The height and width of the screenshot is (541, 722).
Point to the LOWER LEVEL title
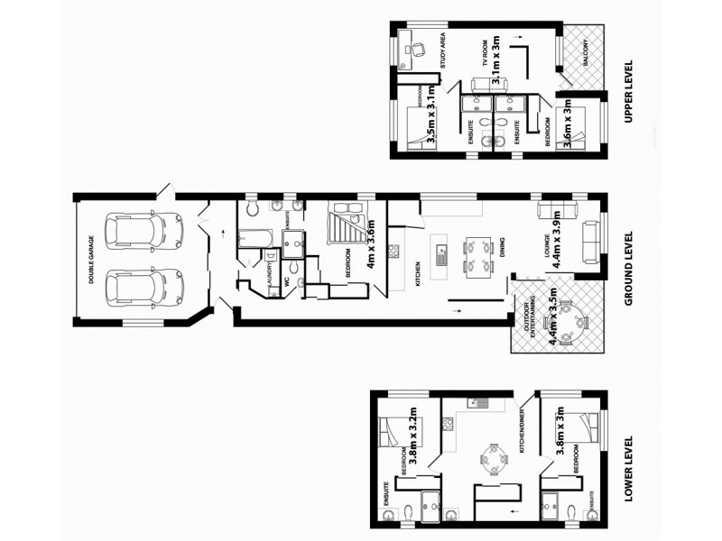tap(629, 468)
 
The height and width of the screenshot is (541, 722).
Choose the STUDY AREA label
tap(443, 51)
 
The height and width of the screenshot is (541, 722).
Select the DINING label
tap(502, 248)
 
